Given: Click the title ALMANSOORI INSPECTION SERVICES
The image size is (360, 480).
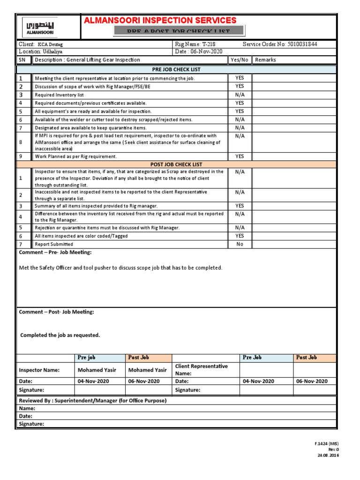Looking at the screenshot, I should [160, 20].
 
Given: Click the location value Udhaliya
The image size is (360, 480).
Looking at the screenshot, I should [52, 52].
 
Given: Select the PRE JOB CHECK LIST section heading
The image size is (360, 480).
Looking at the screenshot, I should [176, 69].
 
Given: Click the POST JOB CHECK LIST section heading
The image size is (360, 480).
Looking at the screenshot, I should [176, 165].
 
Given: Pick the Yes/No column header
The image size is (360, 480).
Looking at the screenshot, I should [240, 60].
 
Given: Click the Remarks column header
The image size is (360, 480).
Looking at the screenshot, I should [265, 60].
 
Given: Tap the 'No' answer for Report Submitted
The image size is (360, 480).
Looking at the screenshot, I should [240, 244].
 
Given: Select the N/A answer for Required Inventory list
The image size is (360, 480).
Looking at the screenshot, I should [240, 95].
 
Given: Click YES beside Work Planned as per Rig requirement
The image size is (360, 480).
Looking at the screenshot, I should [240, 156].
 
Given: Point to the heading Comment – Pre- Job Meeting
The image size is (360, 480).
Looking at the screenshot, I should [55, 253].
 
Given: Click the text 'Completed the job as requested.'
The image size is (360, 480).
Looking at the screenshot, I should [60, 335].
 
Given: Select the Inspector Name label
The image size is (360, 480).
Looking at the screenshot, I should [39, 370].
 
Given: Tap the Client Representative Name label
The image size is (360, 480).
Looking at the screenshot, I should [201, 370].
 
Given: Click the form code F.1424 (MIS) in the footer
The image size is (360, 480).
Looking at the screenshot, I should [326, 443].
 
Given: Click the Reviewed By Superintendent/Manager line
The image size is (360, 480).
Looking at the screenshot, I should [92, 401].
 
